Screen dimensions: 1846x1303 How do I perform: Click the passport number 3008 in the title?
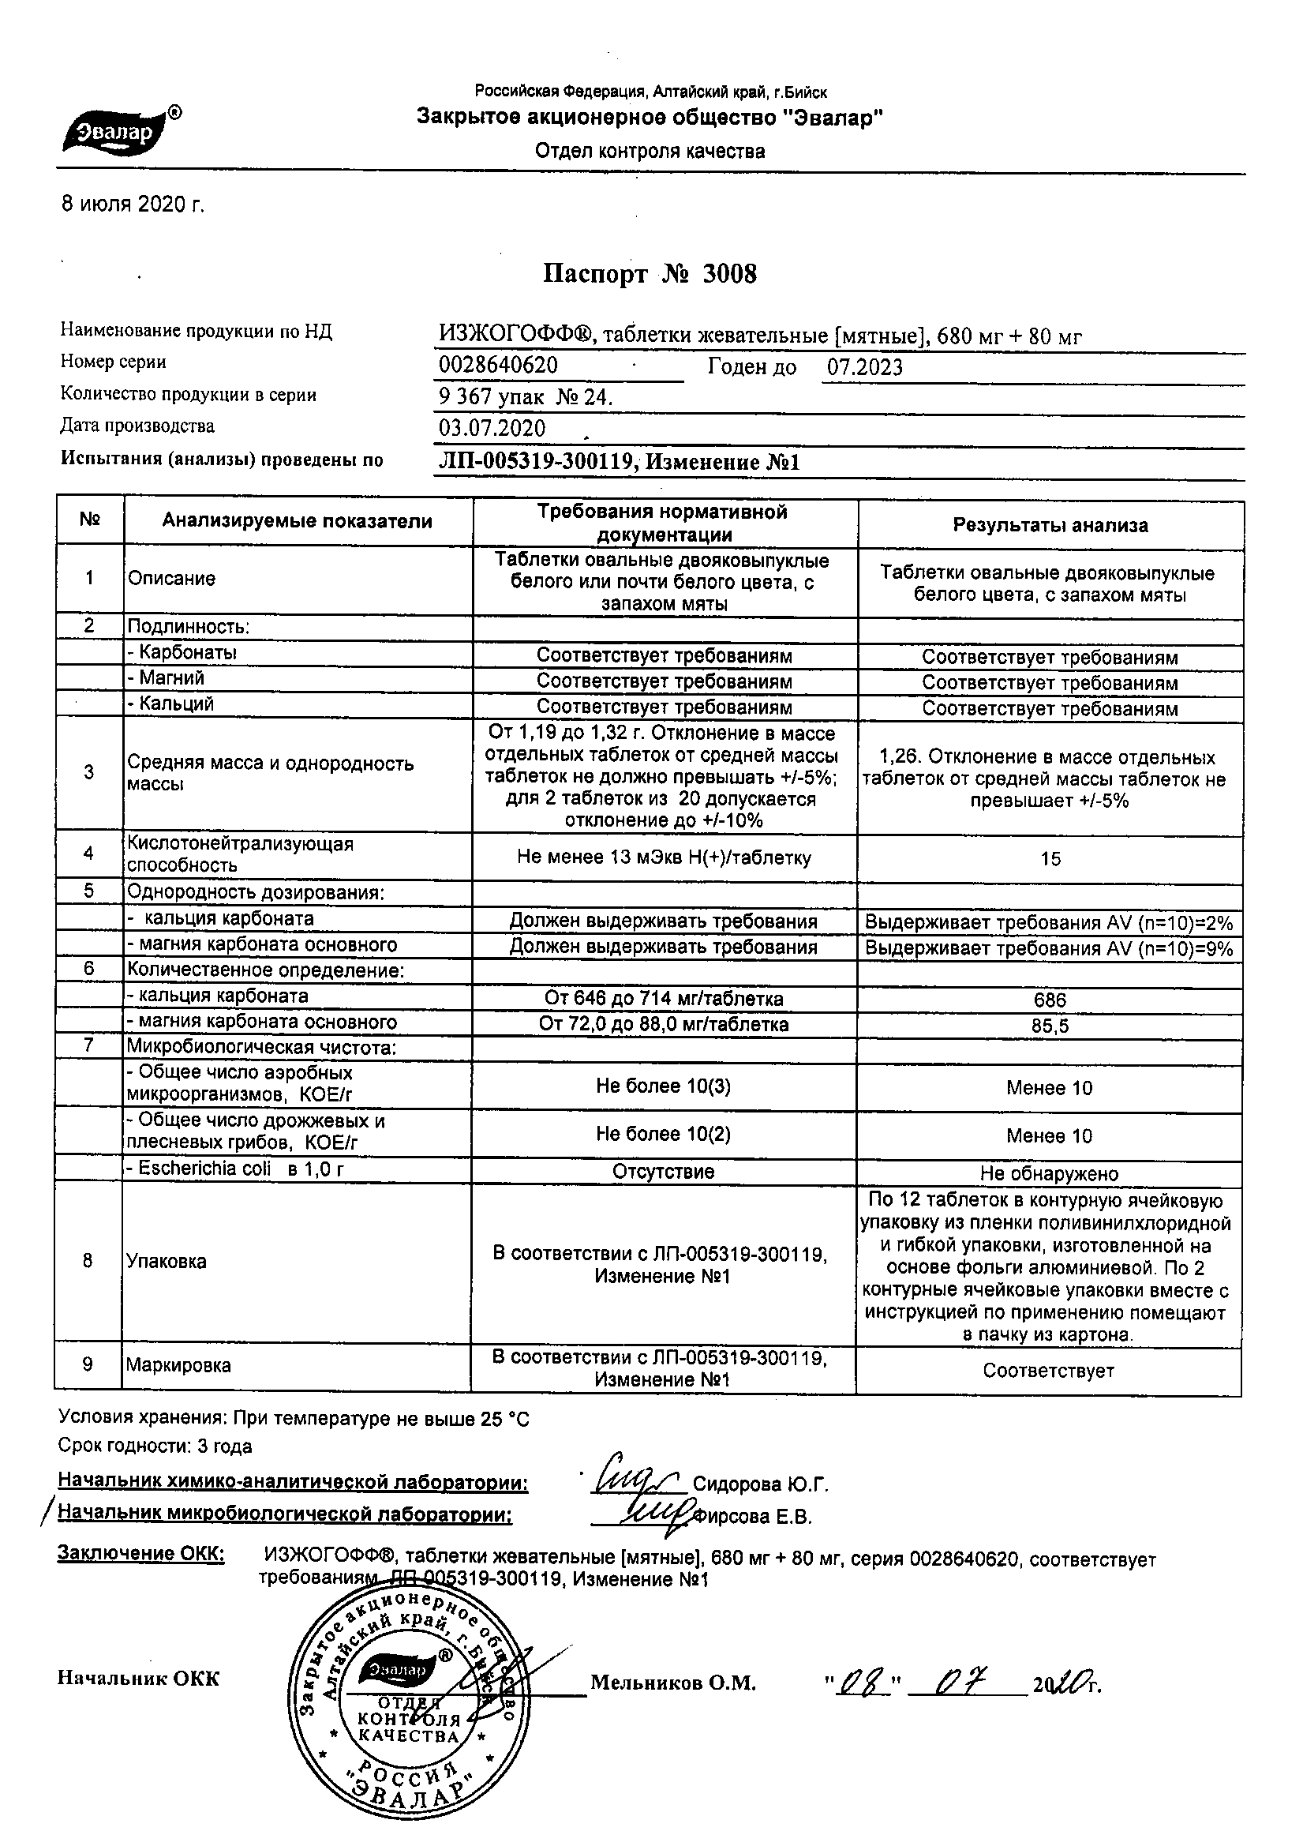(729, 275)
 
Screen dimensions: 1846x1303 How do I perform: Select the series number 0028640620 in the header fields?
(498, 366)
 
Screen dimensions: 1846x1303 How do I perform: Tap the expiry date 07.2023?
(865, 367)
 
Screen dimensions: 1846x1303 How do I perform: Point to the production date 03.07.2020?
(492, 428)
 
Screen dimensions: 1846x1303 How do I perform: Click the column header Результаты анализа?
(1050, 525)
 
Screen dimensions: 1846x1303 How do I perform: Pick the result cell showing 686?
(1050, 1000)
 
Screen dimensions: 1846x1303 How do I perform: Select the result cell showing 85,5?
(1050, 1026)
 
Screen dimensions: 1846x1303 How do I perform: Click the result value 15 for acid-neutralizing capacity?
(1050, 859)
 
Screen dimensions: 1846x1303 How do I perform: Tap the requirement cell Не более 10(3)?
(663, 1086)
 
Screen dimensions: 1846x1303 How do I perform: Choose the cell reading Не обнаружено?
(1049, 1174)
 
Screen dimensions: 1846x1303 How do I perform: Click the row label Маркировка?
(178, 1365)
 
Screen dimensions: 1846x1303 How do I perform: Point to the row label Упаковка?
(167, 1261)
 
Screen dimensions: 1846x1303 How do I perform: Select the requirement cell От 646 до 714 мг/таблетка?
(664, 999)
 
